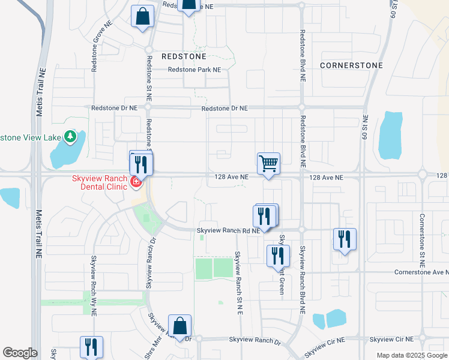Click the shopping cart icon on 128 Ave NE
click(x=269, y=163)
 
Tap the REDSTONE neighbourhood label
click(x=184, y=56)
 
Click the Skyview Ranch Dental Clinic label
click(x=100, y=182)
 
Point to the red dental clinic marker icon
click(x=136, y=181)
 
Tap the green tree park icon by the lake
click(x=71, y=137)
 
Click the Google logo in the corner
click(x=20, y=353)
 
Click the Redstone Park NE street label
click(x=194, y=70)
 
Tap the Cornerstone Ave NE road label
click(x=421, y=272)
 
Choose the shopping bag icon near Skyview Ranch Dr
click(x=179, y=326)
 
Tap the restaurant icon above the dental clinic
click(x=140, y=163)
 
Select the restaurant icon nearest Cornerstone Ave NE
click(x=345, y=238)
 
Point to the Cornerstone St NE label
click(x=422, y=240)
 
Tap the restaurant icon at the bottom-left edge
click(x=91, y=347)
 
